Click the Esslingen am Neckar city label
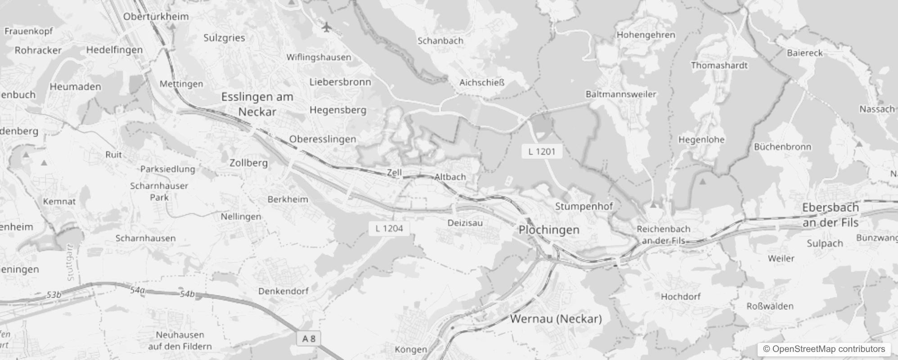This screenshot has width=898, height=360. tap(257, 104)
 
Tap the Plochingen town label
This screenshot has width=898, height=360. tap(549, 230)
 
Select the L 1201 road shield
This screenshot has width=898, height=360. tap(542, 152)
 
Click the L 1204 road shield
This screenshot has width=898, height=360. tap(389, 228)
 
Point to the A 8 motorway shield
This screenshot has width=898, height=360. tap(309, 339)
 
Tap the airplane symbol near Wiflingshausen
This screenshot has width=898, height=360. tap(327, 27)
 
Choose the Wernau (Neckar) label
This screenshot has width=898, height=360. tap(556, 319)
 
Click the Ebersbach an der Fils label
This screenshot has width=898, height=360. tap(831, 215)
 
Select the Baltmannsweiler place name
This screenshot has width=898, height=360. tap(620, 94)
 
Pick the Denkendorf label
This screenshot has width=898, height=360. tap(283, 291)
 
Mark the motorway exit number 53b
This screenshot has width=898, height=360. tap(54, 295)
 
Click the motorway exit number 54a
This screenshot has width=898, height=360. tap(138, 291)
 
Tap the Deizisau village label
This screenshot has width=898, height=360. tap(465, 223)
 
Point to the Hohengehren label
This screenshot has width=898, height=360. tap(646, 35)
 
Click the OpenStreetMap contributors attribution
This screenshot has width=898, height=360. tap(824, 349)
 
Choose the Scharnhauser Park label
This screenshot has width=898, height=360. tap(159, 191)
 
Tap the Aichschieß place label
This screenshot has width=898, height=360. tap(482, 82)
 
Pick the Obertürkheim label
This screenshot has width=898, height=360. tap(156, 17)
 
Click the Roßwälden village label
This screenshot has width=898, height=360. tap(770, 306)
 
